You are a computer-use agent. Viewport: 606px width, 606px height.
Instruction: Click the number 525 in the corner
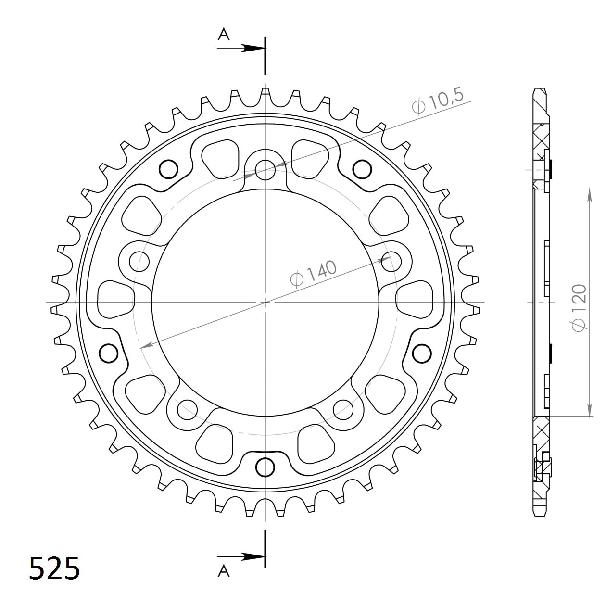[x=54, y=568]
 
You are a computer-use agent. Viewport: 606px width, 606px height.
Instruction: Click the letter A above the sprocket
[x=224, y=35]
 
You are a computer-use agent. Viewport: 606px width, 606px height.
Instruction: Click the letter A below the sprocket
[x=224, y=571]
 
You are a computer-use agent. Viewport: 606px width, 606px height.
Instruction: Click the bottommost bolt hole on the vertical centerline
[x=265, y=467]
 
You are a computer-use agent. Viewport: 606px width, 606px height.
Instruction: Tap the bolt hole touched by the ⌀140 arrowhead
[x=390, y=260]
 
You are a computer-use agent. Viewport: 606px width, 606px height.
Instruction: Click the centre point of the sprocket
[x=265, y=303]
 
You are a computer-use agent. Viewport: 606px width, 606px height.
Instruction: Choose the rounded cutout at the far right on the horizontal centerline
[x=415, y=300]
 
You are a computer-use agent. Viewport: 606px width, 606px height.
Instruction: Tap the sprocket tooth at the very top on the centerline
[x=265, y=94]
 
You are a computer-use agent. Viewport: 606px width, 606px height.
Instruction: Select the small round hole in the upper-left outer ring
[x=168, y=169]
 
